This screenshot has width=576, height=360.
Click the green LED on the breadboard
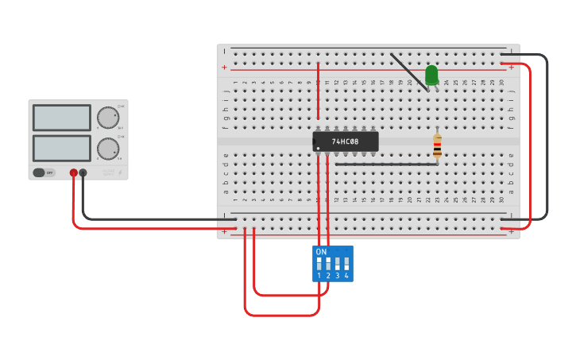pos(431,75)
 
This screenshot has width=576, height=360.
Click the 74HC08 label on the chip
pos(346,141)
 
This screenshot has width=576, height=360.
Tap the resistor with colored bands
pos(437,146)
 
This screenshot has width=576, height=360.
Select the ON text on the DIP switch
pos(321,252)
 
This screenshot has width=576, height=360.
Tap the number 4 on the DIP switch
pos(346,276)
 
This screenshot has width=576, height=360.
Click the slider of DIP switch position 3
pos(338,263)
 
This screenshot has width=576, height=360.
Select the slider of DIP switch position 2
pos(328,263)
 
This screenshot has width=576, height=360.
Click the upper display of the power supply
pos(62,118)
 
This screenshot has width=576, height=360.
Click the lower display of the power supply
pos(62,148)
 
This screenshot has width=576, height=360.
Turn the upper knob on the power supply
pos(107,118)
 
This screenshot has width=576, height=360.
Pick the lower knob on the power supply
pos(107,149)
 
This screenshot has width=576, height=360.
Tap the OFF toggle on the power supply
pos(44,172)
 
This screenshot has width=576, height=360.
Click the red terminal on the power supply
pos(74,172)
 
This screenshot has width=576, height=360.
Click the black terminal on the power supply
pos(83,172)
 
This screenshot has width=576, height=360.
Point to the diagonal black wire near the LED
pos(408,72)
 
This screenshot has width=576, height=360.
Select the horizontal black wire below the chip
pos(386,165)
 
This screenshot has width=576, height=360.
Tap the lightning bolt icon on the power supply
pos(120,172)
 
